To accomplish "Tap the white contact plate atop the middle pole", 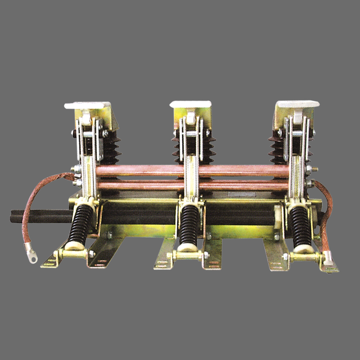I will pos(190,104).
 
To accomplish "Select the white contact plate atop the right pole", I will pos(297,104).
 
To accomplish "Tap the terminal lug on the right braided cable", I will pos(328,260).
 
